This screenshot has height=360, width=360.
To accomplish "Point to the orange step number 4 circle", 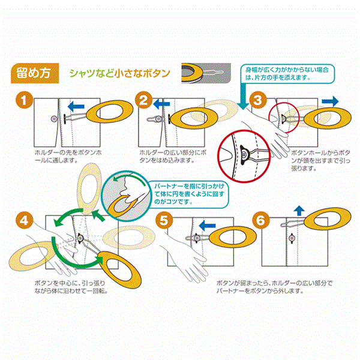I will click(24, 220).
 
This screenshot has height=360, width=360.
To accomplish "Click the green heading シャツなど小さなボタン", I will click(120, 74).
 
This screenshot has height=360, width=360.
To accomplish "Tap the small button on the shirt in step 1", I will click(55, 119).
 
